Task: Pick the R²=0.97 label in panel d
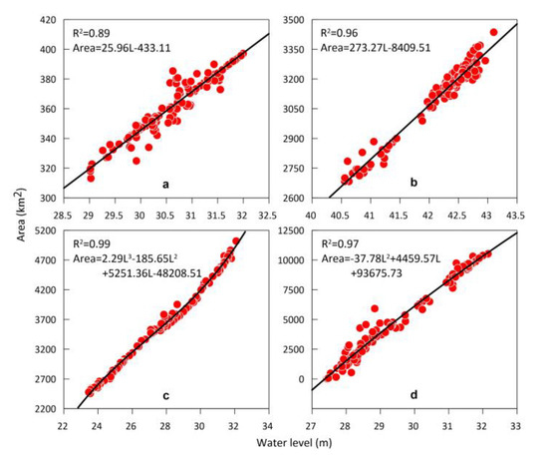346,241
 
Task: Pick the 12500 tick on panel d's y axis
293,230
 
